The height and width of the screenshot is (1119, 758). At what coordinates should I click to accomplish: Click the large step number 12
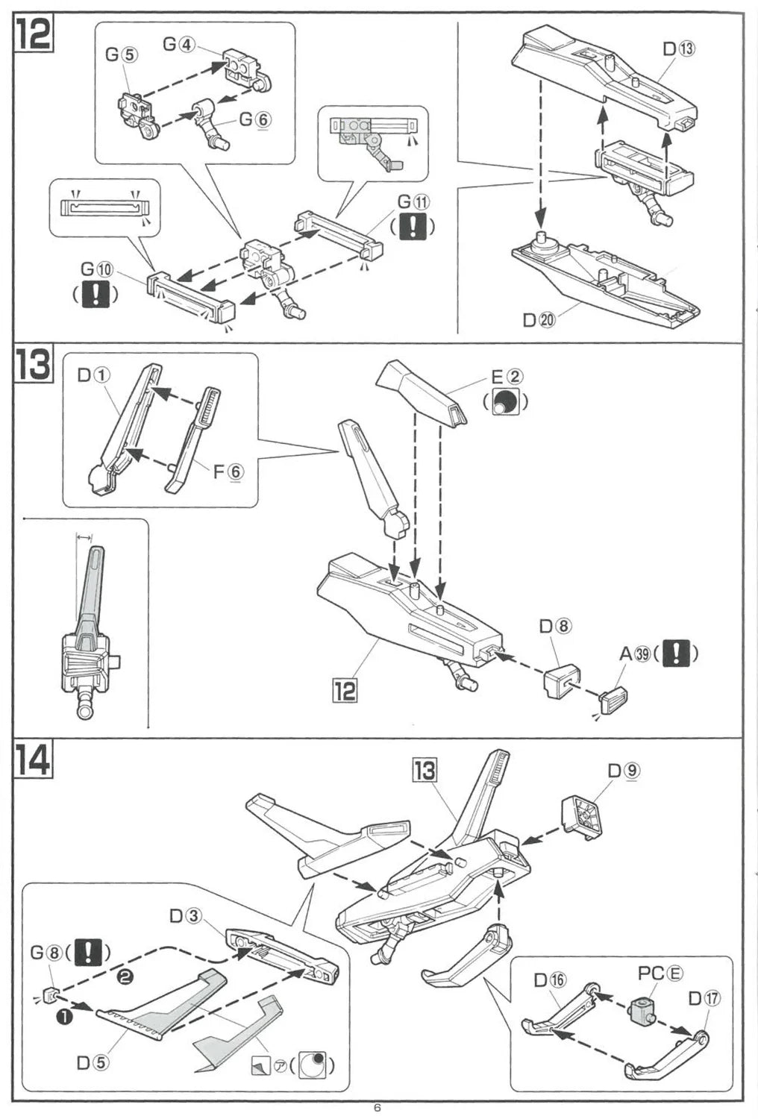pyautogui.click(x=34, y=34)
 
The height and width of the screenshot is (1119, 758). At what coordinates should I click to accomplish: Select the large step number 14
pyautogui.click(x=34, y=759)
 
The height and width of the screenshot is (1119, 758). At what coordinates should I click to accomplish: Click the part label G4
pyautogui.click(x=178, y=44)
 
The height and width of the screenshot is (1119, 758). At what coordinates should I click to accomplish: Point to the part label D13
pyautogui.click(x=678, y=49)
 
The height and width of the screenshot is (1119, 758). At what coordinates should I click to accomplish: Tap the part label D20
pyautogui.click(x=539, y=320)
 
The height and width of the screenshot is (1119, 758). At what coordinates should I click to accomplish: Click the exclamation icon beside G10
pyautogui.click(x=95, y=295)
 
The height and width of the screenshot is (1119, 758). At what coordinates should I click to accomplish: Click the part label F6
pyautogui.click(x=228, y=471)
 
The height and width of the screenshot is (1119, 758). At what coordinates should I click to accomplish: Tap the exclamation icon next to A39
pyautogui.click(x=675, y=653)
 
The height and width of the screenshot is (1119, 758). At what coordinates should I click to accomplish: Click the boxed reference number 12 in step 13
pyautogui.click(x=345, y=690)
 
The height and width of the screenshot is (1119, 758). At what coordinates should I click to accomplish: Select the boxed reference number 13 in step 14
pyautogui.click(x=425, y=770)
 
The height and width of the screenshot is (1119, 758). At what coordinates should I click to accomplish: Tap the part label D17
pyautogui.click(x=704, y=998)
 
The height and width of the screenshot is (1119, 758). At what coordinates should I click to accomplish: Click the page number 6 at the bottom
pyautogui.click(x=378, y=1108)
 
